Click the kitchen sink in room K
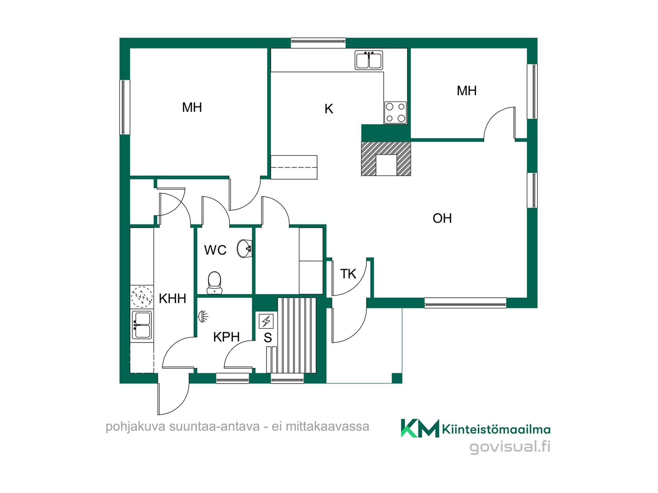[369, 60]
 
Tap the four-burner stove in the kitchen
[395, 112]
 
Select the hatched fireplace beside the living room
[386, 159]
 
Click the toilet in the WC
[215, 283]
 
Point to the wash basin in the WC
[245, 249]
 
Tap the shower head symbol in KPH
[203, 316]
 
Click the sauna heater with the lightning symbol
[266, 321]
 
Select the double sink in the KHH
[142, 325]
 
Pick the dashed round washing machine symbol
[142, 296]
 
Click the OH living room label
[442, 218]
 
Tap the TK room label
[348, 274]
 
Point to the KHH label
[172, 299]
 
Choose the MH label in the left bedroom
[192, 108]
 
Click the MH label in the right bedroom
[467, 91]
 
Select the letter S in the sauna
[268, 338]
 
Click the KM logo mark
[420, 428]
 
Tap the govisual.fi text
[510, 447]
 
